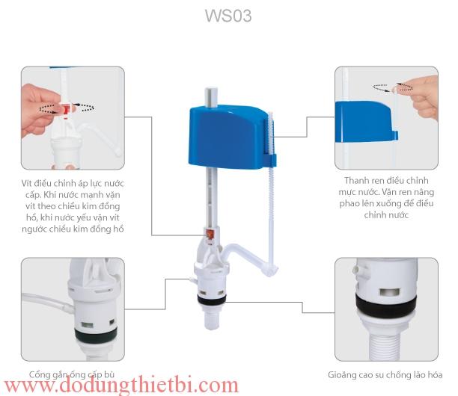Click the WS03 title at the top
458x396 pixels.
click(x=228, y=16)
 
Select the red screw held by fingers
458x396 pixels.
click(x=67, y=109)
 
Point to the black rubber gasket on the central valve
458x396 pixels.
click(x=212, y=301)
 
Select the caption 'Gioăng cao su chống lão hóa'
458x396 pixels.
click(x=385, y=374)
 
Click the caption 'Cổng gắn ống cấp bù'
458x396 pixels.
click(x=72, y=374)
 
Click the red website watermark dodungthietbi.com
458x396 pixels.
click(x=121, y=385)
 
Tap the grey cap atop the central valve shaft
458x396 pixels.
click(x=211, y=97)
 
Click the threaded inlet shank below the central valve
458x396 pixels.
click(x=212, y=318)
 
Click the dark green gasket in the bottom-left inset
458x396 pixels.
click(x=96, y=335)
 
